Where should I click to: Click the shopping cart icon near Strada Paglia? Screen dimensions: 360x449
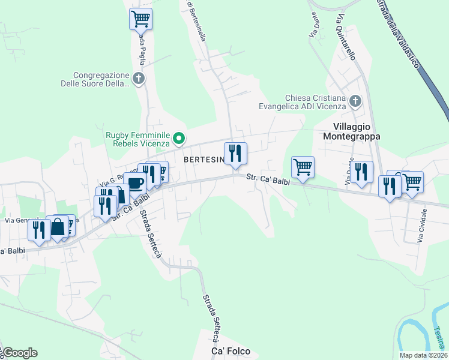click(140, 19)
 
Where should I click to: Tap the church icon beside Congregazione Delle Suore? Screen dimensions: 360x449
click(139, 79)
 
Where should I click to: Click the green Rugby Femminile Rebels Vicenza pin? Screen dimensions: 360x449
click(179, 139)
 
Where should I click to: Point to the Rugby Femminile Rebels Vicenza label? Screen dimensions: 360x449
click(138, 139)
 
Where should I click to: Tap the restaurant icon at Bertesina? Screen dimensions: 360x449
click(235, 153)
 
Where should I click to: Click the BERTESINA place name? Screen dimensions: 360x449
click(203, 160)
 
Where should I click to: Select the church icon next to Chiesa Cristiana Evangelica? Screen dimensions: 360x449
click(355, 101)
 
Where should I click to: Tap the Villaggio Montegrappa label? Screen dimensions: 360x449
click(357, 131)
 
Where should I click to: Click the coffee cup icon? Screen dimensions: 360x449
click(135, 184)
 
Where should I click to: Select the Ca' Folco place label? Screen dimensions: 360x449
click(231, 350)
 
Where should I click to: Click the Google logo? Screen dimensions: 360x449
click(20, 353)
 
